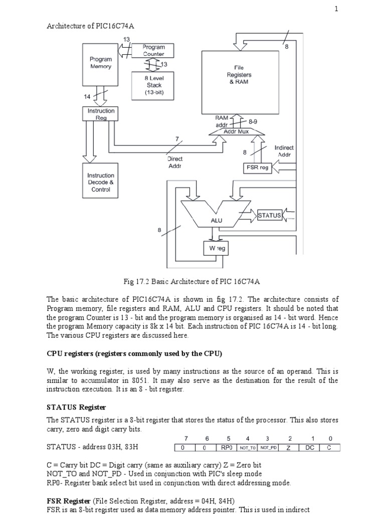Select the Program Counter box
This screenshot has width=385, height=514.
(153, 51)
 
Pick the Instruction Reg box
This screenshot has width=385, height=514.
(101, 114)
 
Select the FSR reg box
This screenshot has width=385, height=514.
(257, 168)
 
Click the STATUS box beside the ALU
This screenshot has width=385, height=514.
(269, 215)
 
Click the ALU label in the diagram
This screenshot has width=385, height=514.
(217, 220)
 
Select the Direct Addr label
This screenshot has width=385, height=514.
(175, 162)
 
